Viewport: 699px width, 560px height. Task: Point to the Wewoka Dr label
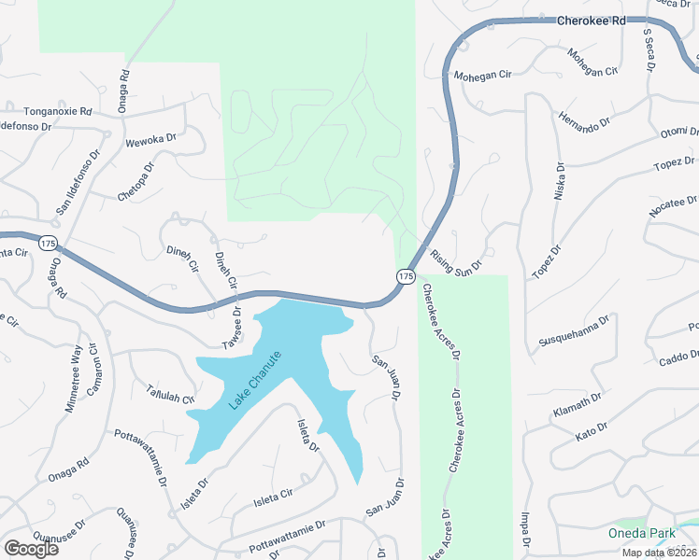coord(150,141)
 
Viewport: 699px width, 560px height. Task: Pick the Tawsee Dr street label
coord(232,329)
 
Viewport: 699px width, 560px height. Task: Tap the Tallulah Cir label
coord(169,394)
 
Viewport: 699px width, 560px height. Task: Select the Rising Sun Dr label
coord(456,259)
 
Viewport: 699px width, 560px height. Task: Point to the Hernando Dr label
coord(584,122)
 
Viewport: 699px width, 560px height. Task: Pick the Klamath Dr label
coord(578,406)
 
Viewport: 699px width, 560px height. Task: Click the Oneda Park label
coord(641,534)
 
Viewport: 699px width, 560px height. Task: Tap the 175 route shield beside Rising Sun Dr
coord(406,276)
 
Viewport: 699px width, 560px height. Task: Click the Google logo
coord(31,548)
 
